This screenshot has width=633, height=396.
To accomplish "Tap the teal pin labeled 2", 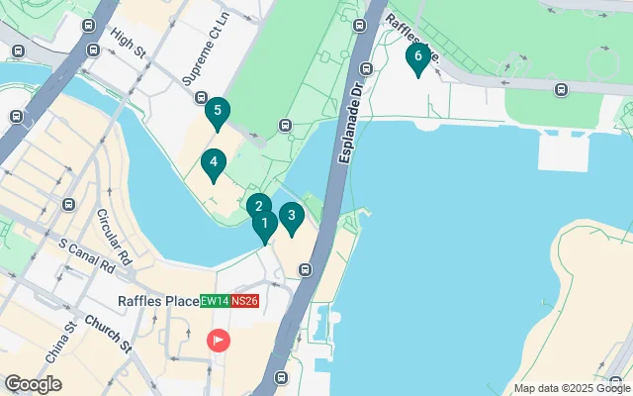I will pyautogui.click(x=258, y=208).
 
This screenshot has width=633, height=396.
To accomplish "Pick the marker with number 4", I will pyautogui.click(x=213, y=164).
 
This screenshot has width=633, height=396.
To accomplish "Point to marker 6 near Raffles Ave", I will pyautogui.click(x=418, y=57).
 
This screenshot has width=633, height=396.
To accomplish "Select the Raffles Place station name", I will pyautogui.click(x=157, y=301).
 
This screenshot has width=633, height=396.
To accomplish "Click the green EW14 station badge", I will pyautogui.click(x=215, y=301).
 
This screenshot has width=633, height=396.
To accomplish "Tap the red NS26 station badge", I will pyautogui.click(x=244, y=301).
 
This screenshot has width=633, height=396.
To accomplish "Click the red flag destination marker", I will pyautogui.click(x=218, y=342).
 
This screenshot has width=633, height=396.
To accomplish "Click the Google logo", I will pyautogui.click(x=33, y=384).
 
